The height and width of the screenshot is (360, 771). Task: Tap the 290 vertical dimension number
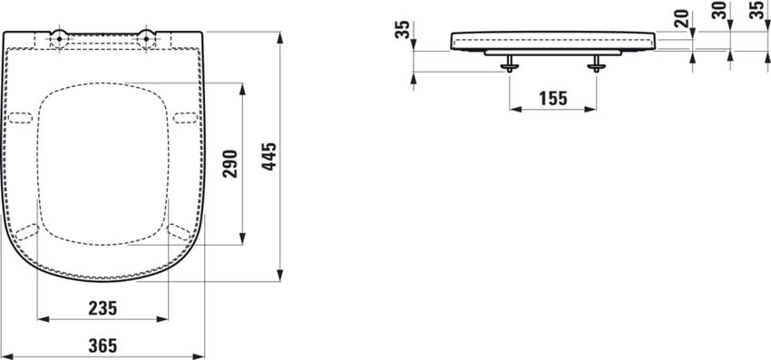click(230, 163)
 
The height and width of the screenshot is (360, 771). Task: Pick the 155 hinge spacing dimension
click(553, 99)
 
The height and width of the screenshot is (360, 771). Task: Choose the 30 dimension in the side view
click(729, 12)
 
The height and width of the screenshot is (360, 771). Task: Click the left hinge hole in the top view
click(58, 38)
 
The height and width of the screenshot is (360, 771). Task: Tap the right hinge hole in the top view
click(145, 38)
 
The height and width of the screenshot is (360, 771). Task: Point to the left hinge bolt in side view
click(511, 63)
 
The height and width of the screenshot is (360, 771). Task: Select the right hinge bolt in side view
click(597, 63)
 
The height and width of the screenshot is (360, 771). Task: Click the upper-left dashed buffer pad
click(19, 117)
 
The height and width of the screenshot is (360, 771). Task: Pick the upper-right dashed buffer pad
click(186, 117)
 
